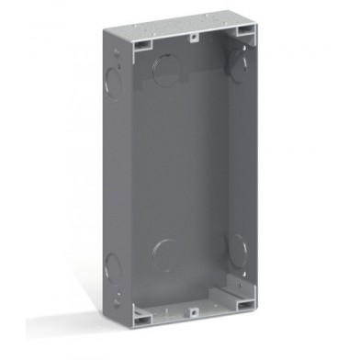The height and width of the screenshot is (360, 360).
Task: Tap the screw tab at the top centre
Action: coord(193,39)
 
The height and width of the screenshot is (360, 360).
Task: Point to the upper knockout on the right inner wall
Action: coord(241,62)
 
